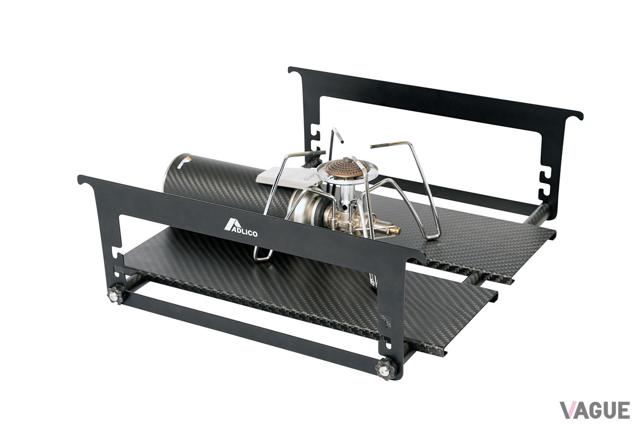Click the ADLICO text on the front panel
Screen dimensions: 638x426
pos(244,233)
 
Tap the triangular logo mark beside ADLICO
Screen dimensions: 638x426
pos(231,224)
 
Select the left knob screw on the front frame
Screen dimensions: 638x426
pos(116,294)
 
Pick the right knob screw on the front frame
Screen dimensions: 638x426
pos(385,370)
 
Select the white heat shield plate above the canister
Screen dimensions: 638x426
pos(285,176)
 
